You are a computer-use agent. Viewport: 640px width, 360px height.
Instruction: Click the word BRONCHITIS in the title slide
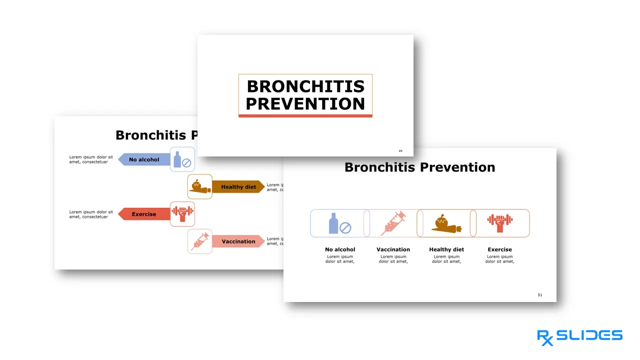[305, 86]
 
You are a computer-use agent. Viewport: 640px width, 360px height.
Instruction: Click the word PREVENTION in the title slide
[305, 104]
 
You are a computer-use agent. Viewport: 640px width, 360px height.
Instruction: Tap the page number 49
[400, 151]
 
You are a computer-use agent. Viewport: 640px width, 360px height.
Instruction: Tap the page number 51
[540, 295]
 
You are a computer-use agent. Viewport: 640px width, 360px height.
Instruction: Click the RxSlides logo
[579, 336]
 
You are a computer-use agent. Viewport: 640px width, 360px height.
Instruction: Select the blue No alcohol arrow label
[144, 160]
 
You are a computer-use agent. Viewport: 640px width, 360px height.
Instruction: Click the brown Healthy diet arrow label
[238, 187]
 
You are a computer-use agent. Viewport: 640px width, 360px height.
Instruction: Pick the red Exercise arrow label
[144, 214]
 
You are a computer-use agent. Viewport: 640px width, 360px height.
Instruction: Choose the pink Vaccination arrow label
[238, 241]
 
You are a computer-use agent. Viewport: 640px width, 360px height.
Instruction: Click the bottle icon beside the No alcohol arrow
[182, 160]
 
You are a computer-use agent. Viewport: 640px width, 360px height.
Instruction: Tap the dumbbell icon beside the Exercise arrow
[182, 214]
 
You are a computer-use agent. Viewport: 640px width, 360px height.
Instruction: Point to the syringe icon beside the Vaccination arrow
[199, 241]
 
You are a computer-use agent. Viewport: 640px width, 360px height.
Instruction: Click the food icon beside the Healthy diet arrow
[199, 186]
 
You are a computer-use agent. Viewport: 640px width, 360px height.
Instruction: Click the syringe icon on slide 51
[393, 223]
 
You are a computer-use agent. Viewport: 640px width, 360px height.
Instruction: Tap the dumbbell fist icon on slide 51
[500, 223]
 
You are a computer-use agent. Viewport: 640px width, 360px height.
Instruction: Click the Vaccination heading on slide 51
[393, 249]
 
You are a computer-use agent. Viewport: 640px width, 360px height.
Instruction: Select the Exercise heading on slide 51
[499, 249]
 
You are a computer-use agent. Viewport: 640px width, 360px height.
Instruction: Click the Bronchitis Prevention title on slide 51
[419, 167]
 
